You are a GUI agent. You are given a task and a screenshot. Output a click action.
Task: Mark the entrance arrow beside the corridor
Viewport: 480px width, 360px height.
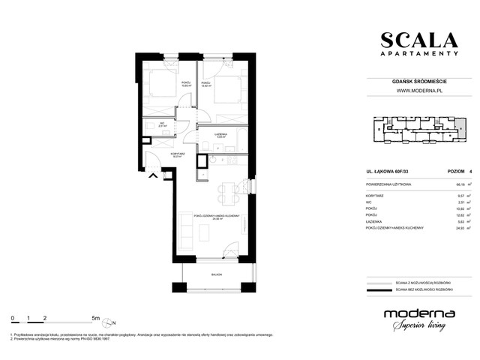[154, 175]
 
